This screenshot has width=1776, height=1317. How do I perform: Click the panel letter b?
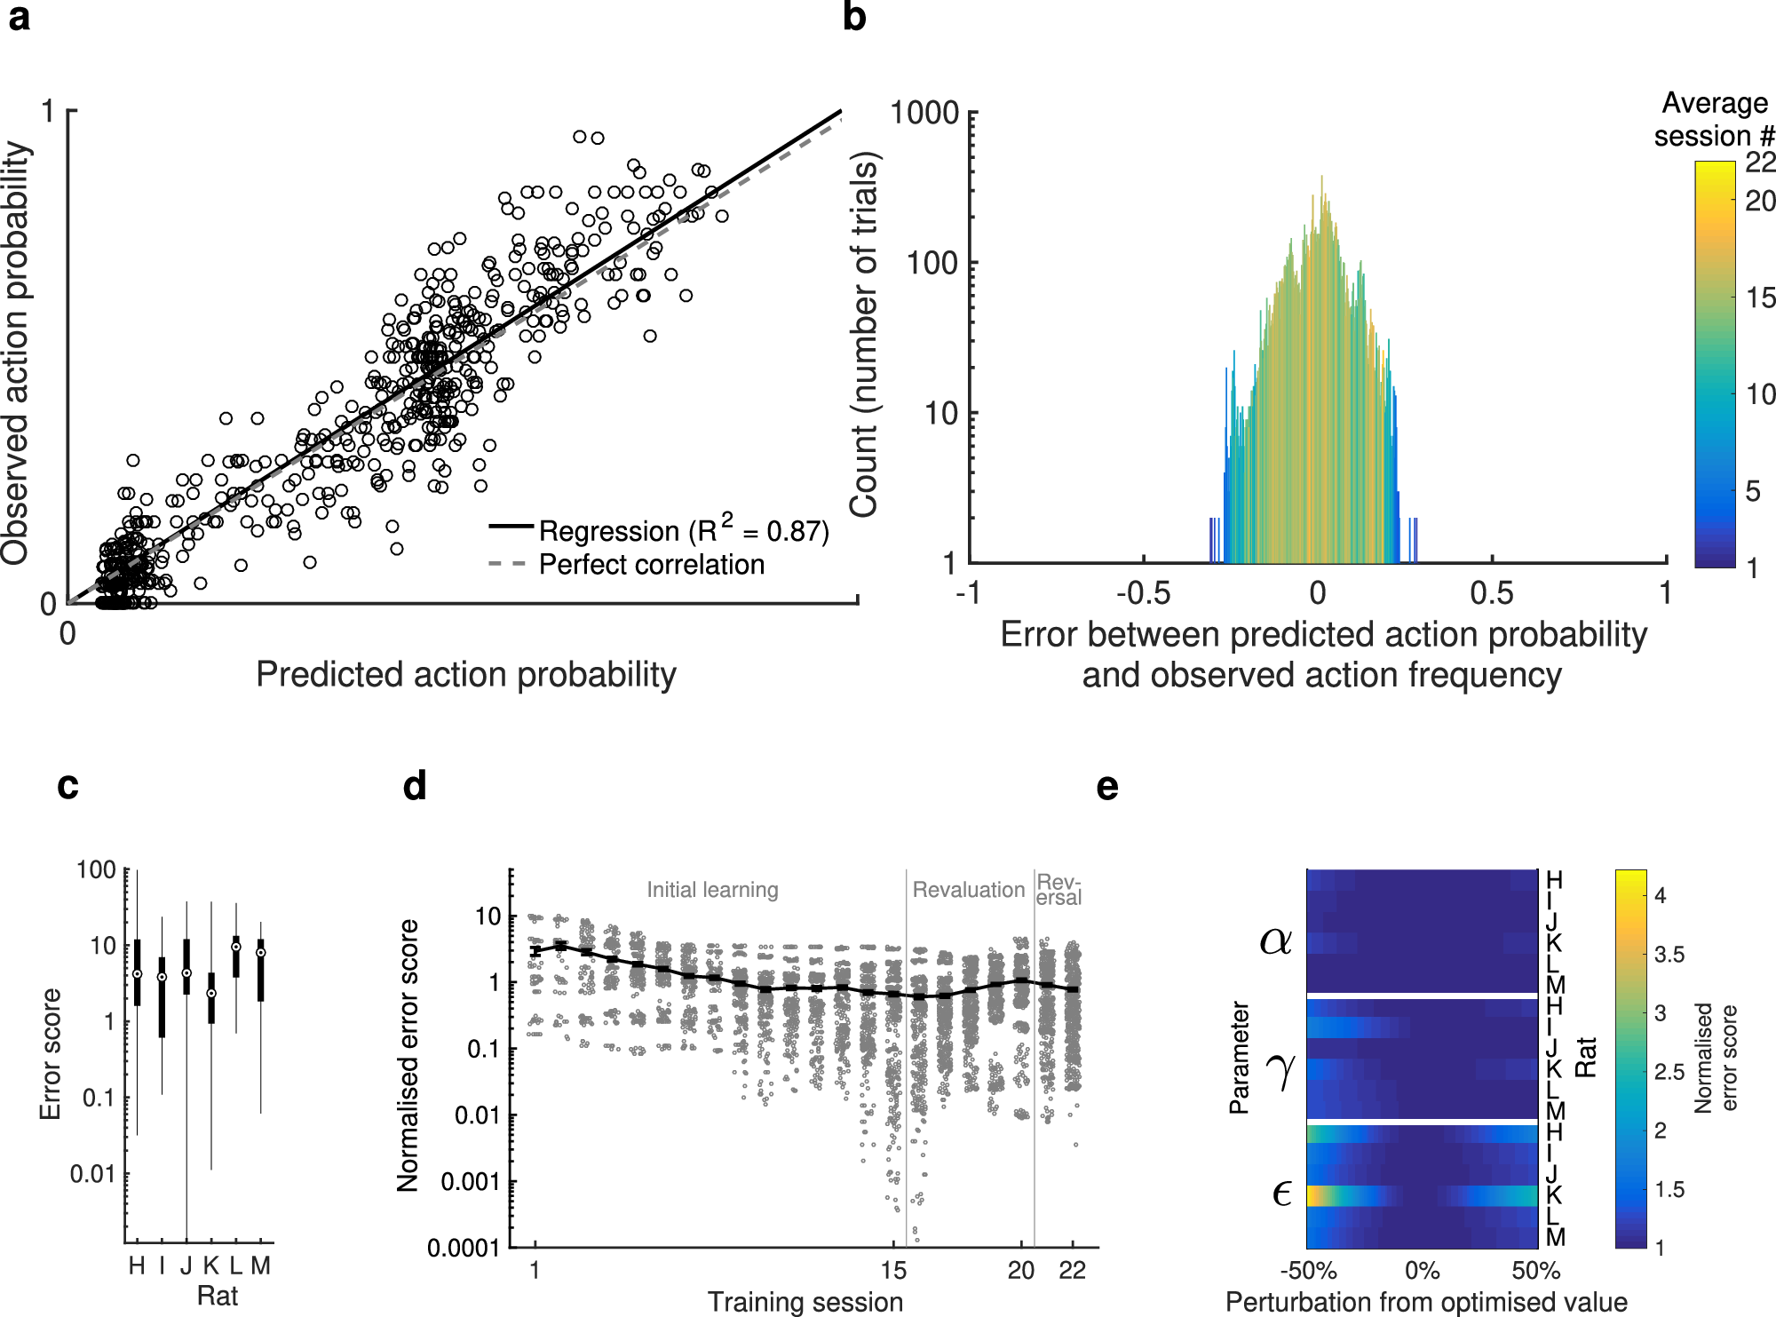click(853, 17)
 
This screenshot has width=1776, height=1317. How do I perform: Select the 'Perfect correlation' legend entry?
click(651, 565)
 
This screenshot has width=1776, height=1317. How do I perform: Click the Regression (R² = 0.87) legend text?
click(683, 531)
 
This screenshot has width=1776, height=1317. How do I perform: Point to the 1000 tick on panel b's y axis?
click(924, 114)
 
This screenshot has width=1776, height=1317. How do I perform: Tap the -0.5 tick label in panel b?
click(1143, 593)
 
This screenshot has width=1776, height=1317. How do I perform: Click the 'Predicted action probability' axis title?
click(465, 675)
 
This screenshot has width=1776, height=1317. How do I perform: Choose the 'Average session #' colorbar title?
click(1714, 120)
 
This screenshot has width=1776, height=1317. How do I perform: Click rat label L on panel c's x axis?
click(236, 1265)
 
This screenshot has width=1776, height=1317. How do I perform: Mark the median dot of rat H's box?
click(137, 974)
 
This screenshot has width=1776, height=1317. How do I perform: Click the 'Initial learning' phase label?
click(712, 890)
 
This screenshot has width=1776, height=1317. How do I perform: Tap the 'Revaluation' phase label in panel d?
click(968, 890)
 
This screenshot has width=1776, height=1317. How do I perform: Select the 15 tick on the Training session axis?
click(893, 1271)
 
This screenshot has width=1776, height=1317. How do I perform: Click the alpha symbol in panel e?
click(1275, 940)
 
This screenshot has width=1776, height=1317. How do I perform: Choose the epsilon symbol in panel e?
click(1280, 1193)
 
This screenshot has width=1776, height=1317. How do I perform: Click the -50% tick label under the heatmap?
click(1308, 1271)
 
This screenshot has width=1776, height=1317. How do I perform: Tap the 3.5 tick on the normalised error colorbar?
click(1669, 955)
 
